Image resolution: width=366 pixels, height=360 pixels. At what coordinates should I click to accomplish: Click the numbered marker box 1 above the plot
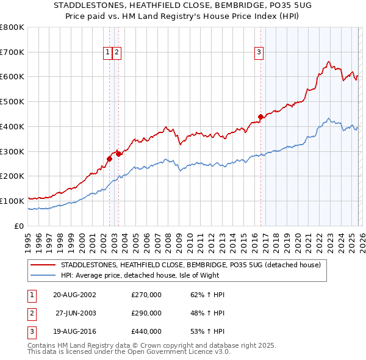click(x=108, y=53)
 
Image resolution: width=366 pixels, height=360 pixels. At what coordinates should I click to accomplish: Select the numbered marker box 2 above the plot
click(x=117, y=53)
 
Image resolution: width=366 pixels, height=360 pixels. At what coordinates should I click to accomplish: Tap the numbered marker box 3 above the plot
click(x=259, y=53)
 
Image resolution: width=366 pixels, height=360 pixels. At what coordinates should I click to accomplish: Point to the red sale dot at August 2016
click(x=260, y=117)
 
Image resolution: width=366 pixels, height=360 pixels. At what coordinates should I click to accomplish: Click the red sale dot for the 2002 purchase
click(x=109, y=159)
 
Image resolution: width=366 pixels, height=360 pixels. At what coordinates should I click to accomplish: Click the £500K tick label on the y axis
click(x=12, y=102)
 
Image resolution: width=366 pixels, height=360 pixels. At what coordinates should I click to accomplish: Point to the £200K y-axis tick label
click(x=12, y=176)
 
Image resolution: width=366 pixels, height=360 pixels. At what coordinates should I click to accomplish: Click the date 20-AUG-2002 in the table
click(x=74, y=295)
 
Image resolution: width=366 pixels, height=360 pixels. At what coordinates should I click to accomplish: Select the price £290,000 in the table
click(x=146, y=313)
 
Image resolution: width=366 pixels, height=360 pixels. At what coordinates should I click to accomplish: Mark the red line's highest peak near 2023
click(x=329, y=61)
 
